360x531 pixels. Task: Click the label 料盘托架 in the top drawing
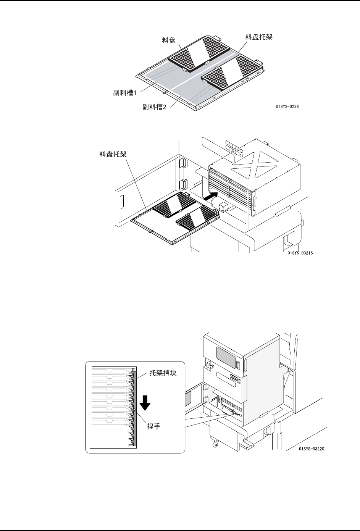tap(258, 37)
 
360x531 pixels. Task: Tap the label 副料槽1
tap(127, 92)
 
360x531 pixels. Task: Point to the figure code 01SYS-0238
tap(287, 107)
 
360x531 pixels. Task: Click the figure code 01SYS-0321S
tap(300, 253)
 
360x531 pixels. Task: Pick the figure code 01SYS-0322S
tap(312, 449)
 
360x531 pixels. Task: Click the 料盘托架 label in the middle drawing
tap(111, 155)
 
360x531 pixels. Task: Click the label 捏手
tap(153, 426)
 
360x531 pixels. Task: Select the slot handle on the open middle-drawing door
tap(123, 201)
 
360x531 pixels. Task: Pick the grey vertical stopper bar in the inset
tap(134, 408)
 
